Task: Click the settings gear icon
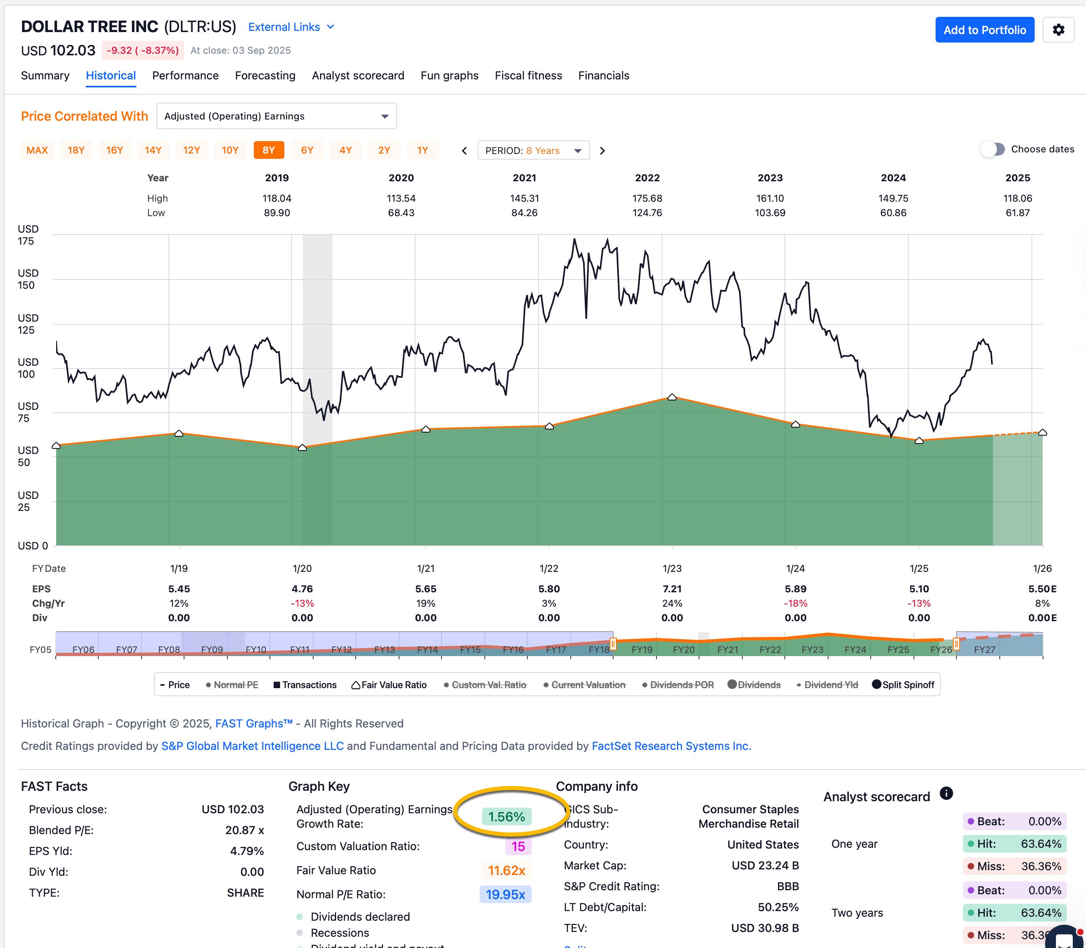tap(1058, 30)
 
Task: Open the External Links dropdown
tap(291, 27)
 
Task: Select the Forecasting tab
tap(265, 76)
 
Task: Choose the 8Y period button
tap(269, 150)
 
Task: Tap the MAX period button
tap(37, 150)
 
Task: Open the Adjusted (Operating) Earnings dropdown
tap(276, 116)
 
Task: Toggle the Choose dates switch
tap(993, 149)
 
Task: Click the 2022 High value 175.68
tap(647, 199)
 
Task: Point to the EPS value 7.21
tap(672, 589)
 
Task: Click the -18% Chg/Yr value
tap(795, 603)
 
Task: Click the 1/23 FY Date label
tap(672, 569)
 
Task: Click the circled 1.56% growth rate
tap(506, 817)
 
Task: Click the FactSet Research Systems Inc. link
tap(671, 746)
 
